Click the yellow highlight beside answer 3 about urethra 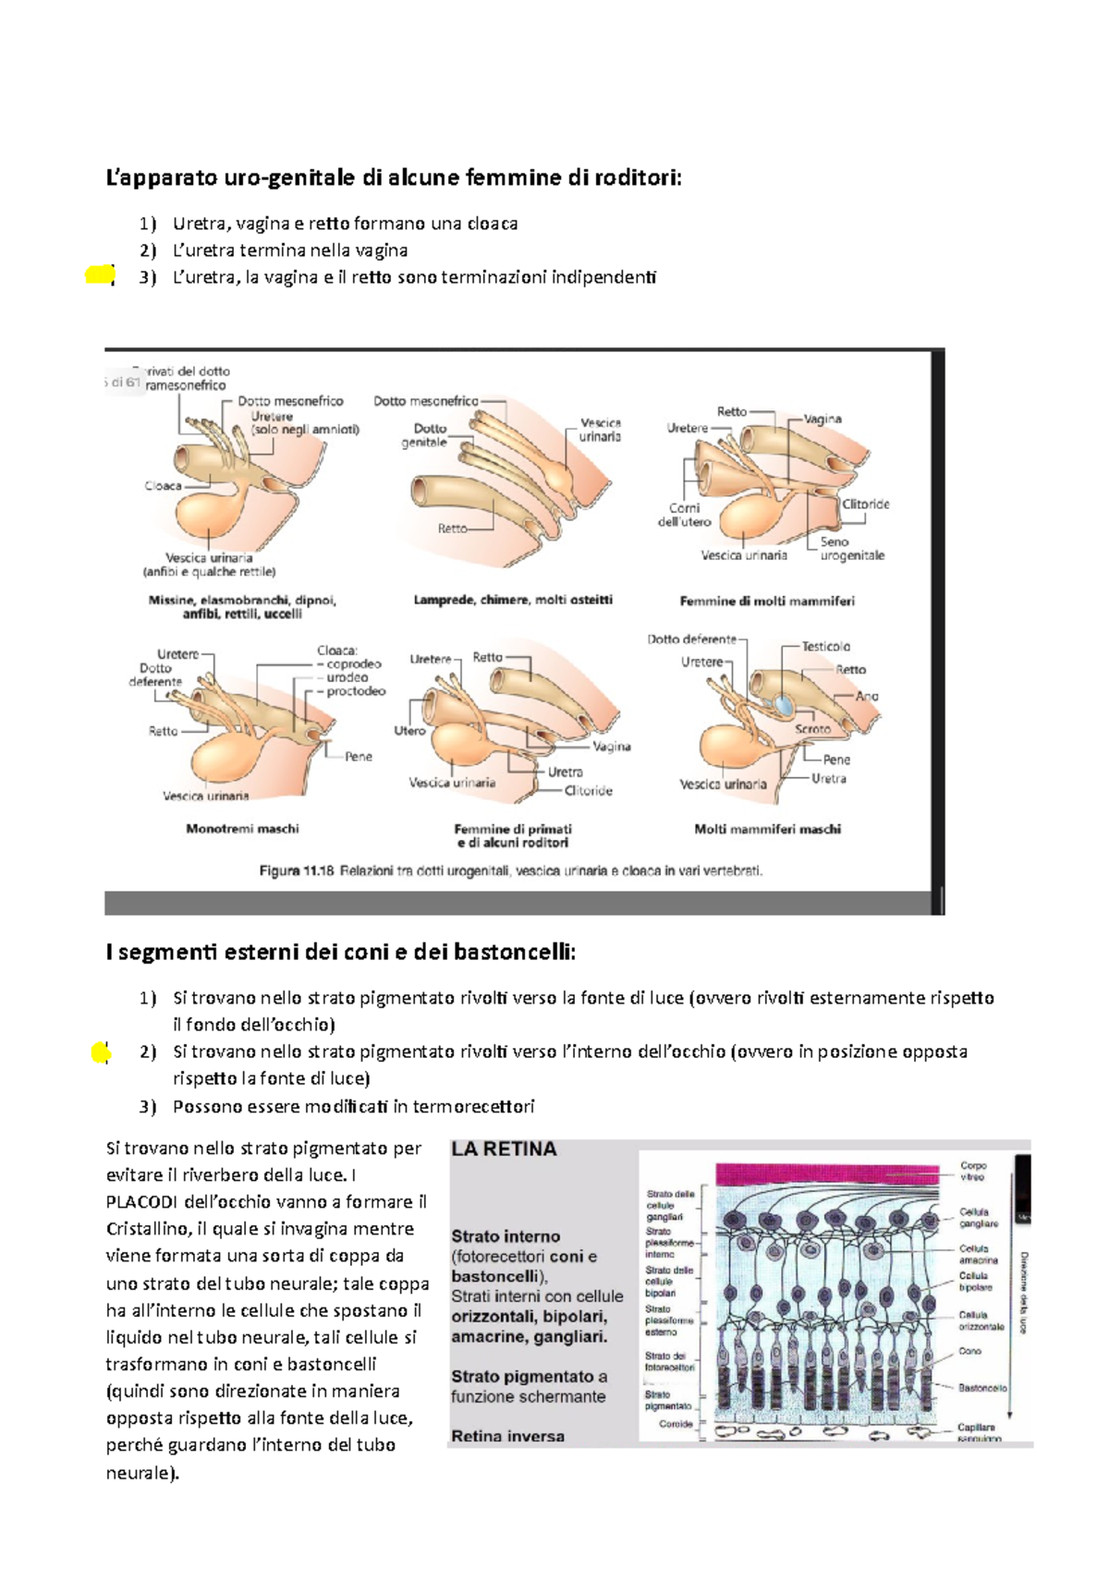[x=99, y=274]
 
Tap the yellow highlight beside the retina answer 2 [x=102, y=1052]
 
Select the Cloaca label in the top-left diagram [x=163, y=485]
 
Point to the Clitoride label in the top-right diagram [x=865, y=505]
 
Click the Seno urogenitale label [x=851, y=549]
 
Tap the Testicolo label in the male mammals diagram [x=825, y=647]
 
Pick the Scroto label [x=812, y=729]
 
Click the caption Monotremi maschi [x=242, y=829]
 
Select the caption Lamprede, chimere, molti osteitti [x=513, y=600]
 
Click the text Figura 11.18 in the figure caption [x=296, y=870]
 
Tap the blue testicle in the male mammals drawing [x=784, y=705]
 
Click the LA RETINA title [x=504, y=1149]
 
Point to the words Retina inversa [x=507, y=1436]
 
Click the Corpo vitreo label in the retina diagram [x=973, y=1171]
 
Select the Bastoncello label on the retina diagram [x=981, y=1388]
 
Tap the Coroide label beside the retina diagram [x=676, y=1424]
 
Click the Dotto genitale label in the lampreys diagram [x=426, y=435]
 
